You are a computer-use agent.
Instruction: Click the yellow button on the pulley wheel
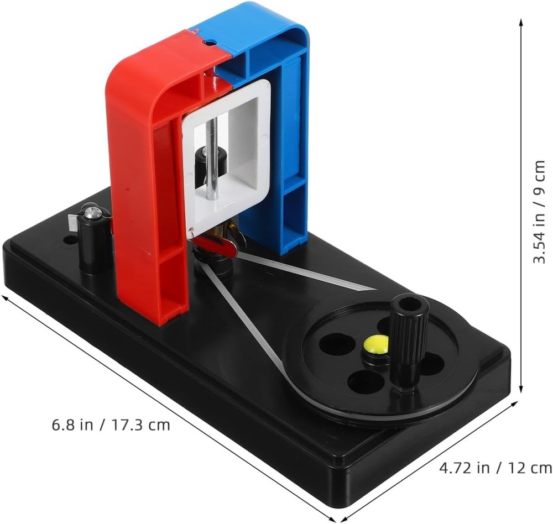click(376, 344)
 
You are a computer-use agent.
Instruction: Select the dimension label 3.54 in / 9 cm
click(540, 212)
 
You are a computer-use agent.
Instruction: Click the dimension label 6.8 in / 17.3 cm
click(111, 425)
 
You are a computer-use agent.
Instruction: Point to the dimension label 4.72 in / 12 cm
click(495, 468)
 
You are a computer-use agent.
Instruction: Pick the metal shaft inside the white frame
click(213, 159)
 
